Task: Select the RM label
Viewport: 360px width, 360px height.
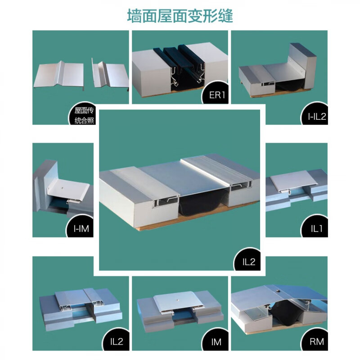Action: click(x=316, y=342)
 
